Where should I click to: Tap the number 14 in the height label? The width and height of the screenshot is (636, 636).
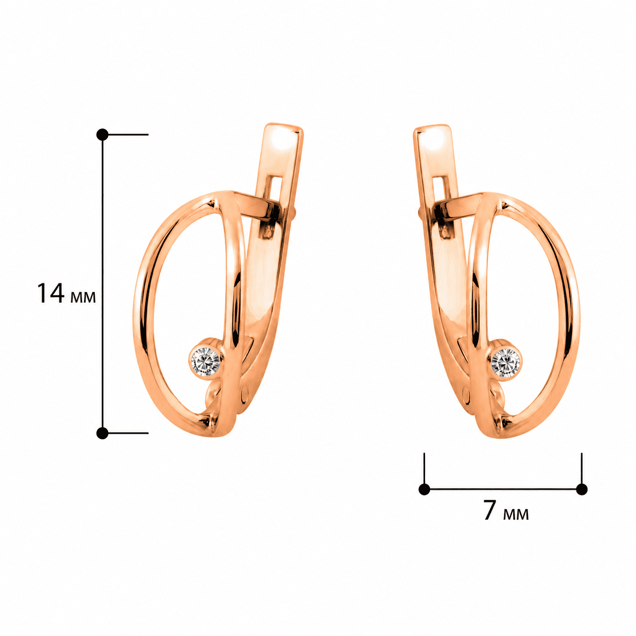(x=51, y=293)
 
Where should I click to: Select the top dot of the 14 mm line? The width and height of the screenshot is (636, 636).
(x=102, y=134)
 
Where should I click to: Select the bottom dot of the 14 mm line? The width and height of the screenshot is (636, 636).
(x=102, y=433)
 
